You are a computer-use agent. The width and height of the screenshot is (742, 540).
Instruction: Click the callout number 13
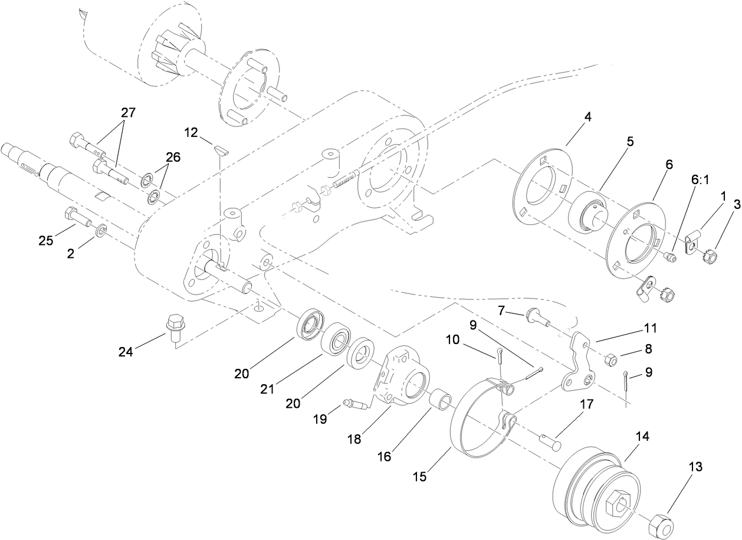point(695,467)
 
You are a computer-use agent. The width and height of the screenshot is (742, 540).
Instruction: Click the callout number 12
point(191,133)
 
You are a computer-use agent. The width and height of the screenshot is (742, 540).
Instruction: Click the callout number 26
point(172,158)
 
